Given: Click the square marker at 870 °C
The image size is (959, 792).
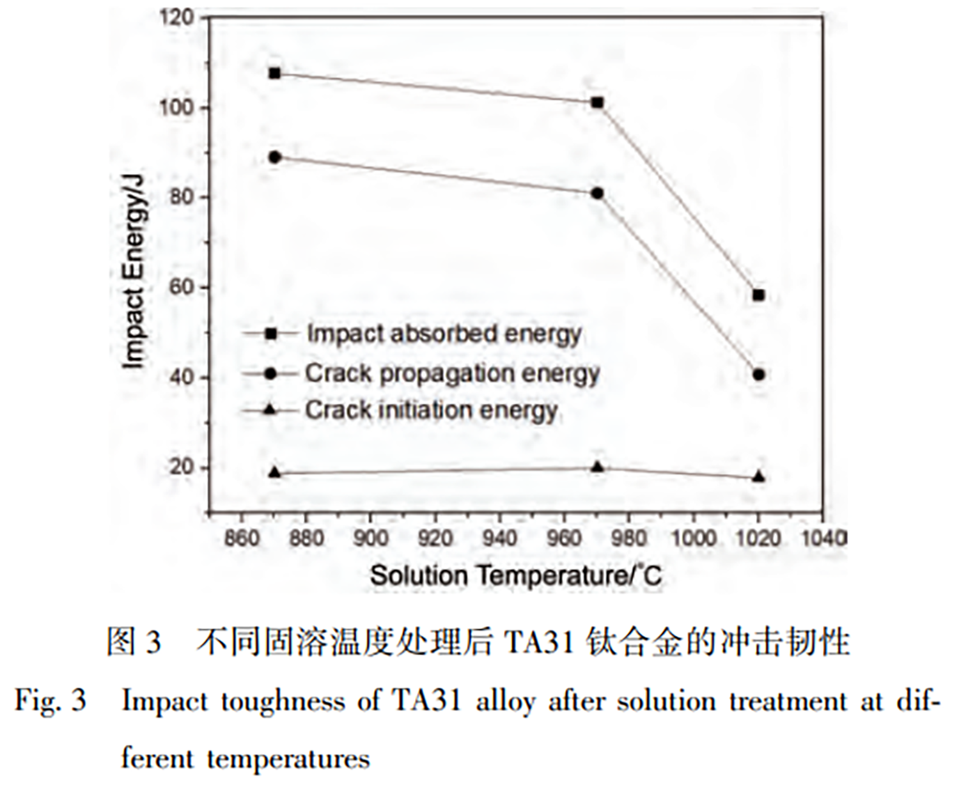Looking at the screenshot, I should pos(275,74).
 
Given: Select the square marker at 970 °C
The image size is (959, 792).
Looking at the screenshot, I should pos(598,103).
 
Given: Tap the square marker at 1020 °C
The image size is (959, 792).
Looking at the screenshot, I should pos(759,295).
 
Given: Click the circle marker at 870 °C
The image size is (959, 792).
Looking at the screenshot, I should pos(275,157).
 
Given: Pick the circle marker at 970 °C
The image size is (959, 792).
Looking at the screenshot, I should pos(598,194).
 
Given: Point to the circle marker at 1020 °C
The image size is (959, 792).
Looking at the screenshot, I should pos(759,375).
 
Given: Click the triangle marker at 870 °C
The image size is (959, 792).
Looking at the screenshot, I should pos(275,472).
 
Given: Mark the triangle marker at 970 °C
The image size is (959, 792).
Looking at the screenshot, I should pos(598,467).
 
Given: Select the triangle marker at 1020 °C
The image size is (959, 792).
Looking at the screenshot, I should pos(759,476).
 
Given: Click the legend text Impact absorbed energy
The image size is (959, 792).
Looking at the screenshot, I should pos(444,334).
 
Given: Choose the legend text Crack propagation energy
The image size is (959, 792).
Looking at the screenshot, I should pos(451,373).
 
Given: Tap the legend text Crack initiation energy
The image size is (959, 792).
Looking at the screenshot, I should pos(431,410).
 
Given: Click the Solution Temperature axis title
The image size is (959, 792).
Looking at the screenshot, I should pos(515,576).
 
